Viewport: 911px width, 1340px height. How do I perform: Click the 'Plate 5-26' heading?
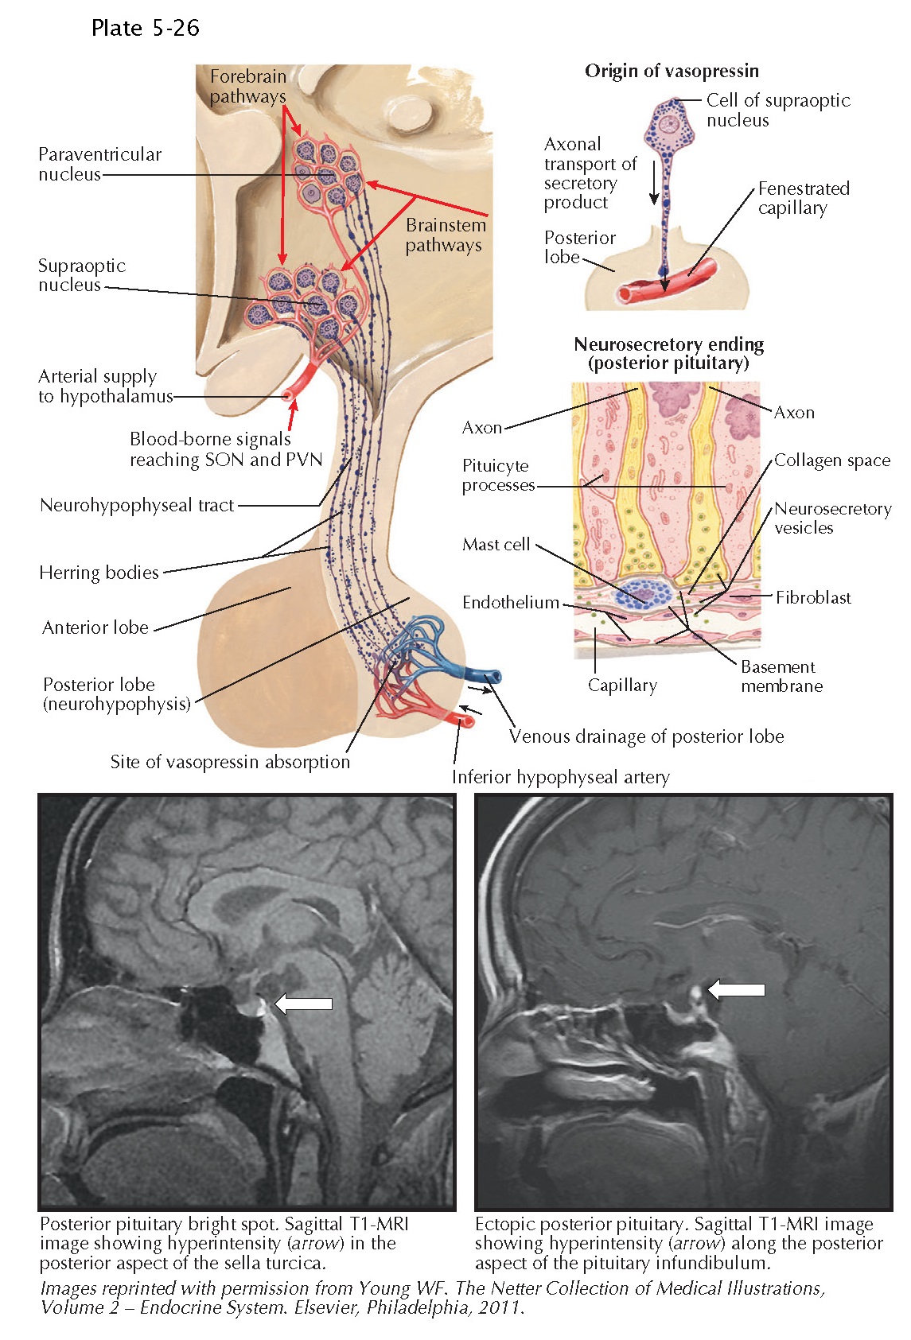[145, 29]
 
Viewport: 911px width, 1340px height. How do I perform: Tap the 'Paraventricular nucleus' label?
[99, 164]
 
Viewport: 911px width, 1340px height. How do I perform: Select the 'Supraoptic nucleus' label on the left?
[81, 275]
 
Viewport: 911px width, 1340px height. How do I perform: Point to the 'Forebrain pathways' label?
[247, 87]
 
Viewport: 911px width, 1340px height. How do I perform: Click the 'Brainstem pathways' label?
[445, 235]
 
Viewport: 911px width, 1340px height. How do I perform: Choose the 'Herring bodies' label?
[99, 573]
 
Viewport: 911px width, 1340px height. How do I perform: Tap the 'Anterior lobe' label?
[95, 627]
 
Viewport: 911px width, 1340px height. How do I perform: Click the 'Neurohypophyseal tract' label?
[137, 505]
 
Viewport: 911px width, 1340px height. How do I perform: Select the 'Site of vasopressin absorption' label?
[230, 762]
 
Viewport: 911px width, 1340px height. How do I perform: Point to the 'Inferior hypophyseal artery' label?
[560, 777]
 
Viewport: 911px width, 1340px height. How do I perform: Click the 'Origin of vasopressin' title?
[672, 71]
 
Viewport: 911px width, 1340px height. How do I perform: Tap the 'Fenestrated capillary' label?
[803, 198]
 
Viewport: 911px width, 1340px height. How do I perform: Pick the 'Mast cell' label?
[496, 545]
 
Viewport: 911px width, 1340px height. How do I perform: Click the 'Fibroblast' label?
[812, 597]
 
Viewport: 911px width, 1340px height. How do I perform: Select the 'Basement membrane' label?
[781, 676]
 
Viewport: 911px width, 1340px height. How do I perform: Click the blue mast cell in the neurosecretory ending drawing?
[645, 593]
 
